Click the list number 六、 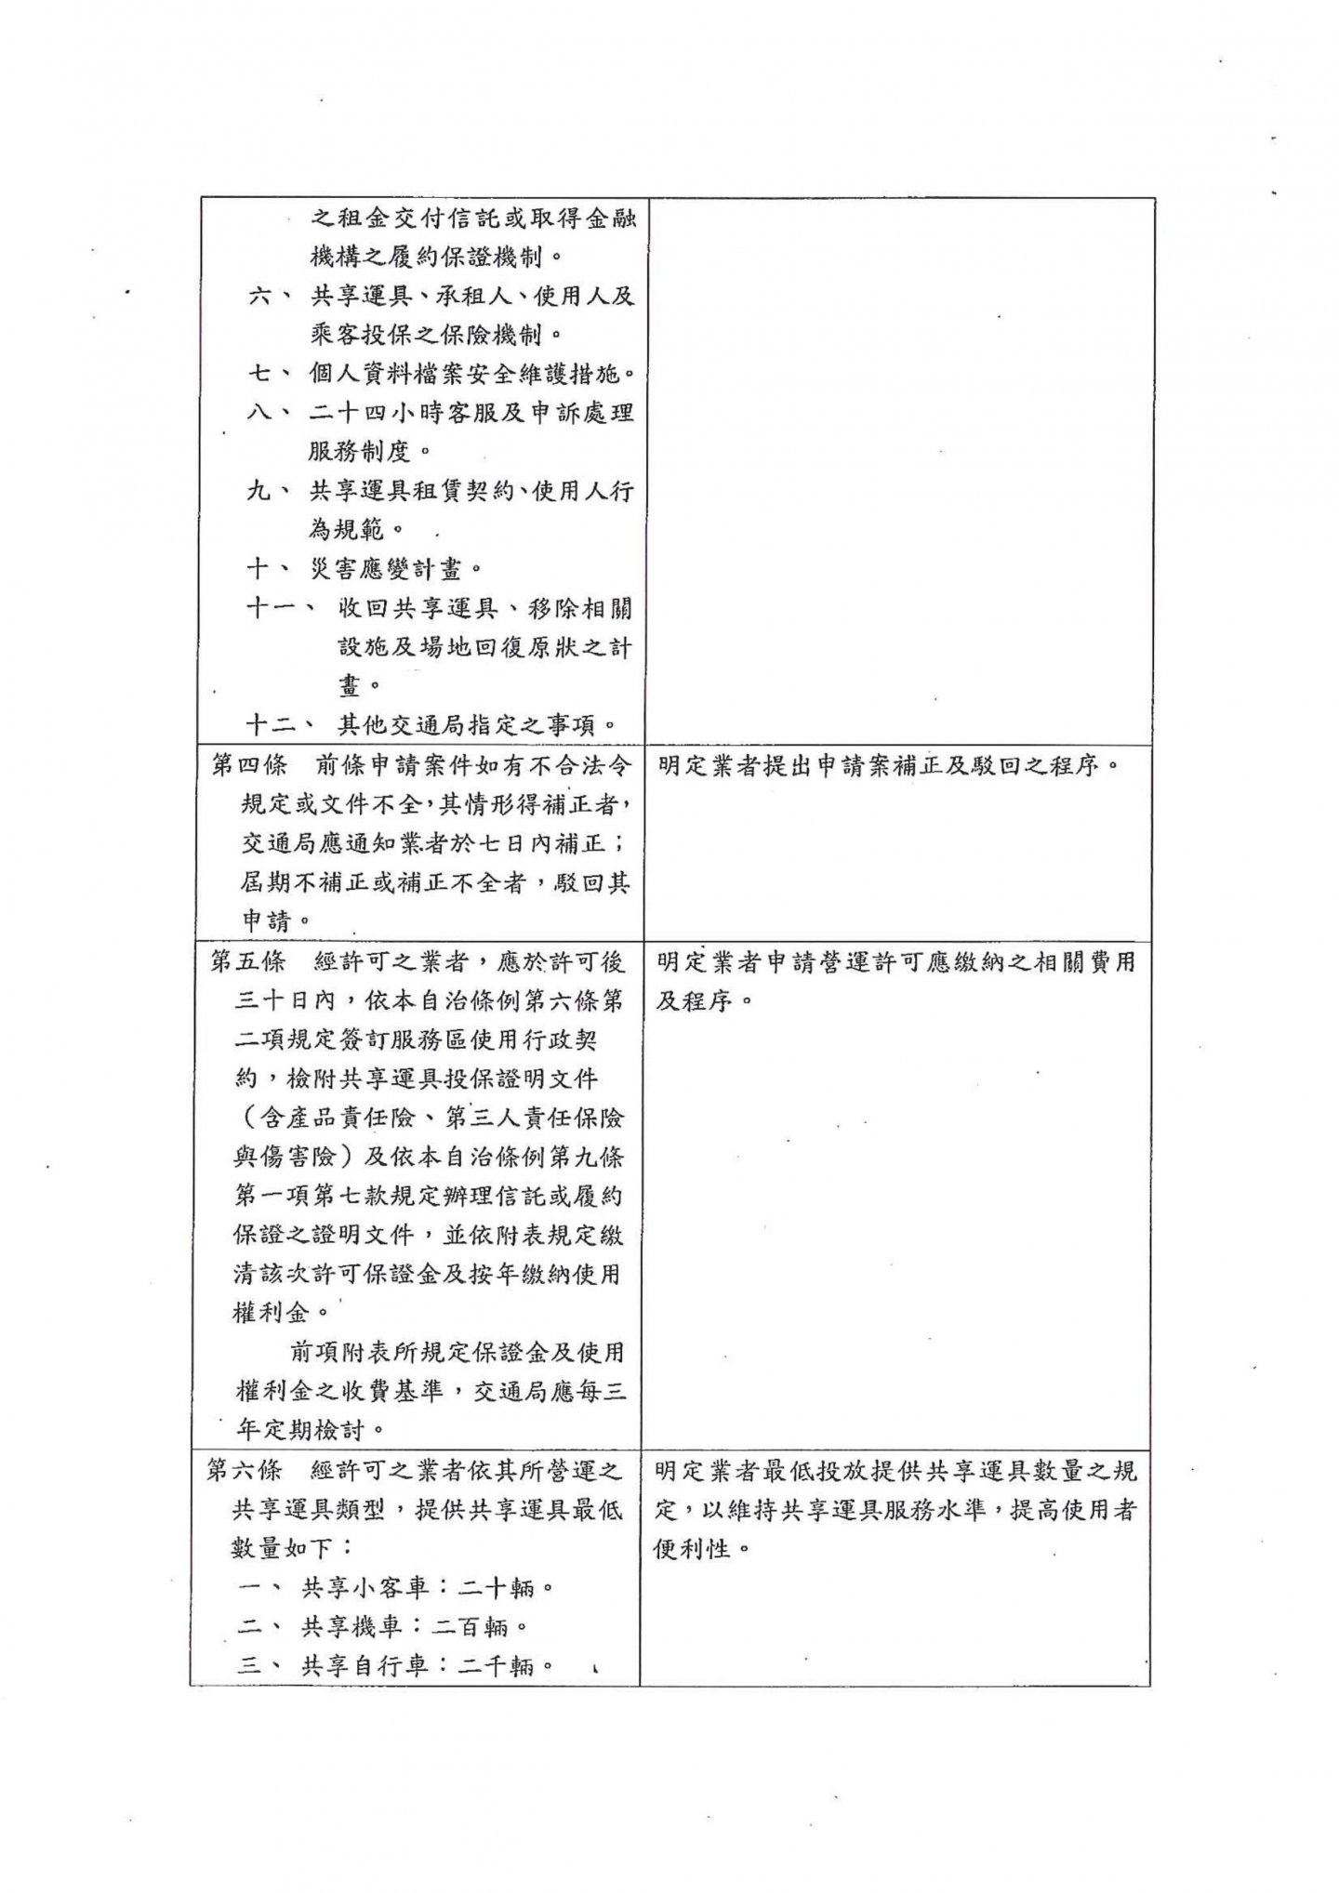(x=271, y=297)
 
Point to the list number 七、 (x=271, y=374)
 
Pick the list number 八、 (x=271, y=413)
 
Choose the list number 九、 (x=271, y=491)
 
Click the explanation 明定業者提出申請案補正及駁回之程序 (x=889, y=766)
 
